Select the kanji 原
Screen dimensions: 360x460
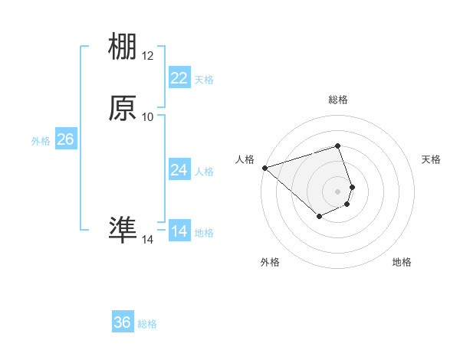123,109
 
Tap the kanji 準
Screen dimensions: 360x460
123,230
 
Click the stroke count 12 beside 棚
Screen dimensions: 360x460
148,56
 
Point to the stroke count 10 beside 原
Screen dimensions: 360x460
148,117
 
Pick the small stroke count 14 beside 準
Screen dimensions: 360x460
148,240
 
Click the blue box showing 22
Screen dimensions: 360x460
179,78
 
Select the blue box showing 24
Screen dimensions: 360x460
179,170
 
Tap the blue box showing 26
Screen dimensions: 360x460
66,139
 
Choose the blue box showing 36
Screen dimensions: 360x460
123,322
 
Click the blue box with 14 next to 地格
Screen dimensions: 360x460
179,231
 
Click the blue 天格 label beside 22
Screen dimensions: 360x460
204,80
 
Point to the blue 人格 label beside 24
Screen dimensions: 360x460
204,172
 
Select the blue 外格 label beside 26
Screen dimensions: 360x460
41,141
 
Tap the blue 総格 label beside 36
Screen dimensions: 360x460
147,324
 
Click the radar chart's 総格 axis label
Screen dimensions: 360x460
338,100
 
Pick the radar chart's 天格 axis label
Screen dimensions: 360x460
431,159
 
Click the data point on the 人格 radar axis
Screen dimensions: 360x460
264,167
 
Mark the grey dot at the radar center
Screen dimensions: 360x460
338,191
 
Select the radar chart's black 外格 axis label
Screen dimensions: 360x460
270,263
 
